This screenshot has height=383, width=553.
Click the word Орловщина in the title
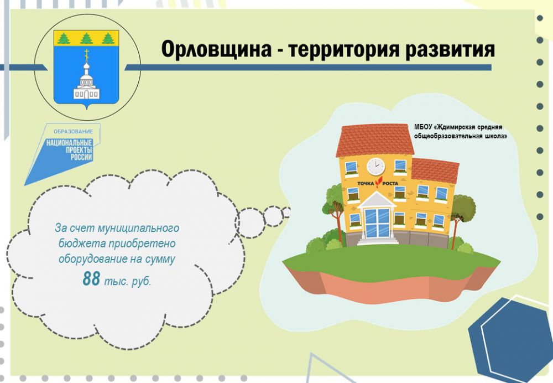pyautogui.click(x=216, y=49)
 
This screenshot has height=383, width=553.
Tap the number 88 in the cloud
pyautogui.click(x=91, y=278)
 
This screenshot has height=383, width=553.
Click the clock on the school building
pyautogui.click(x=375, y=166)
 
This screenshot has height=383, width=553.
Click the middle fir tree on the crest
pyautogui.click(x=86, y=39)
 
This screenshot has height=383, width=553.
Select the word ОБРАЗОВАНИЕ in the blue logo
pyautogui.click(x=74, y=132)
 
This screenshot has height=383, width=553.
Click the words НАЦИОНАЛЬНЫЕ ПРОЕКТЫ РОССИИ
pyautogui.click(x=70, y=150)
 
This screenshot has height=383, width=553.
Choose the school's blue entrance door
pyautogui.click(x=377, y=222)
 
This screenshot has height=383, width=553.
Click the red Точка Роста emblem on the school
pyautogui.click(x=378, y=183)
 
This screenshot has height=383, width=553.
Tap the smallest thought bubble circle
pyautogui.click(x=286, y=213)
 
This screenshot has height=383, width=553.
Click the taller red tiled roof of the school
pyautogui.click(x=375, y=140)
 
